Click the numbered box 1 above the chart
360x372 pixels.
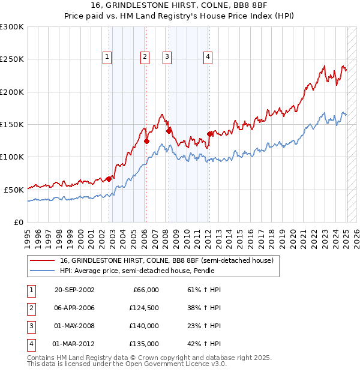coord(107,57)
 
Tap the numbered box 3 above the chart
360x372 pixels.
coord(167,57)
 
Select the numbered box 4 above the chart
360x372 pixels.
coord(208,57)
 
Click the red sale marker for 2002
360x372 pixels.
coord(109,178)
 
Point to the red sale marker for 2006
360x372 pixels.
coord(146,141)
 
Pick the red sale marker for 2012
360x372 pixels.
coord(209,134)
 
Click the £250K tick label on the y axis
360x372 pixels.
coord(12,59)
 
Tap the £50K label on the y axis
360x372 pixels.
coord(14,190)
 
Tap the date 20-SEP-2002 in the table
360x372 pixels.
coord(74,290)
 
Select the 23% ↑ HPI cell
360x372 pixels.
coord(200,326)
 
